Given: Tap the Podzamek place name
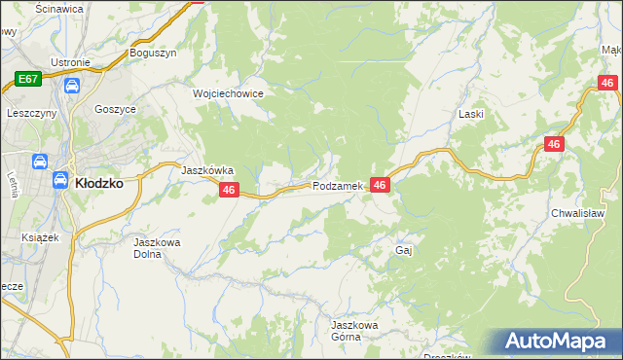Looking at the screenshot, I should coord(338,185).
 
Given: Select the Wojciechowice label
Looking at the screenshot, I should coord(228,93).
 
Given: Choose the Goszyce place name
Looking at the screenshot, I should coord(115,110).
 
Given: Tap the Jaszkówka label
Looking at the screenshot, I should coord(207,169).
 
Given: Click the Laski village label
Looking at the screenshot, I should coord(471,114).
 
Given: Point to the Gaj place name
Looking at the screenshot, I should coord(405,250).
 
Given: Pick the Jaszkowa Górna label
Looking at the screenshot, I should coord(352,330).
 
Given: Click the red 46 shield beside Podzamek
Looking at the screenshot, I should coord(380,185).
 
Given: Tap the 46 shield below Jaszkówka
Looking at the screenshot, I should coord(229,191).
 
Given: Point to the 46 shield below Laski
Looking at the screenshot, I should coord(553,144).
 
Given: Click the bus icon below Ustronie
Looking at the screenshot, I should coord(71,86).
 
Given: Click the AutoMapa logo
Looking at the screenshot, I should coord(557,341).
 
